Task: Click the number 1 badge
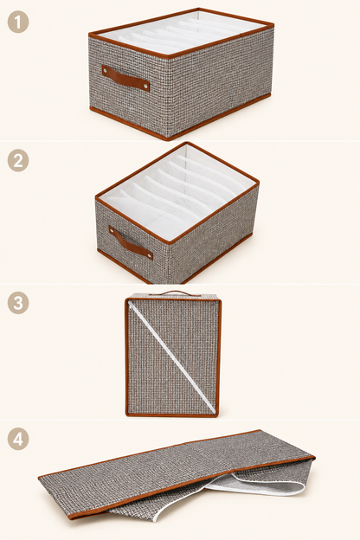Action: coord(18,22)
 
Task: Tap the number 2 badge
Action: coord(18,160)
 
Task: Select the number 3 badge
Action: coord(18,303)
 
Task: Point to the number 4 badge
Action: coord(18,440)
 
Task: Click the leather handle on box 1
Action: coord(125,78)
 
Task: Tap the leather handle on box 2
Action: coord(131,243)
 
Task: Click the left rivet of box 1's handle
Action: coord(105,71)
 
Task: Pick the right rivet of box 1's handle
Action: coord(146,85)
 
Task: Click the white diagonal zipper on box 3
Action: coord(172,357)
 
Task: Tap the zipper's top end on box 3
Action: coord(130,303)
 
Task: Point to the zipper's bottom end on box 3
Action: coord(215,412)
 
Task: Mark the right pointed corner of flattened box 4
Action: coord(314,457)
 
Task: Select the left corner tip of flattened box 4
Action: coord(39,478)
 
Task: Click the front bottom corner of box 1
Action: coord(170,138)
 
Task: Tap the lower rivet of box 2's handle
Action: coord(150,255)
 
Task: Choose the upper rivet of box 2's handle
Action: coord(112,228)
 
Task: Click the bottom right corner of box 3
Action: coord(217,415)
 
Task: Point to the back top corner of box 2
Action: coord(187,143)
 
